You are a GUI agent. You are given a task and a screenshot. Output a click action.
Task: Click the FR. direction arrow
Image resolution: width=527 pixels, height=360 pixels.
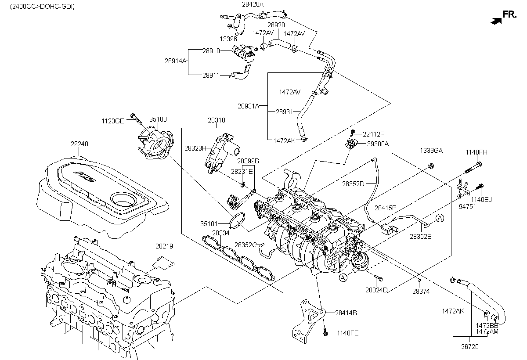[496, 21]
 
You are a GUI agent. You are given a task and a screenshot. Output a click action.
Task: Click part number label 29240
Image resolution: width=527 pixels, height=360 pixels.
[79, 144]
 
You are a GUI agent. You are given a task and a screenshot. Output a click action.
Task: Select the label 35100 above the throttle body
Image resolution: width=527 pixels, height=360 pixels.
[158, 119]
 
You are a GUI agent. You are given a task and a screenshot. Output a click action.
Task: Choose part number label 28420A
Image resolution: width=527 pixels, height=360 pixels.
[253, 4]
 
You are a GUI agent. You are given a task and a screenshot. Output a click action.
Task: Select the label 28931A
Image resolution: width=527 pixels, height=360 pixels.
[248, 106]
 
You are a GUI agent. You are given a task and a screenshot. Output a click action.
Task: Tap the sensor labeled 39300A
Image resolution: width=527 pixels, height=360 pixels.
[351, 143]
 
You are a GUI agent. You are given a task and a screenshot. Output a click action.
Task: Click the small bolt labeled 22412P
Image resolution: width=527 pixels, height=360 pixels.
[352, 133]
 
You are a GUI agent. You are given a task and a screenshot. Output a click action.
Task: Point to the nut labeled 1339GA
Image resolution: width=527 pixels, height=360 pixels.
[431, 166]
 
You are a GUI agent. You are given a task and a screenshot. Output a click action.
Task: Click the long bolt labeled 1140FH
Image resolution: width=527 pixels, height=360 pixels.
[473, 168]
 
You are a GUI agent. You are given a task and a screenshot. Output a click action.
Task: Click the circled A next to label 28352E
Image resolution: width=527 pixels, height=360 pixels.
[440, 218]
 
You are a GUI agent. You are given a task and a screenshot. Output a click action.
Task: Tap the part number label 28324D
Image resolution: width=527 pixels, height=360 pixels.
[376, 290]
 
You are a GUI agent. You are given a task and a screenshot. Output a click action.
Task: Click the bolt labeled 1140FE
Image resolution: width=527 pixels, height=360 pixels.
[325, 332]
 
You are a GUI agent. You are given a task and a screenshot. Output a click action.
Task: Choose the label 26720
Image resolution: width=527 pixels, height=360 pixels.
[470, 346]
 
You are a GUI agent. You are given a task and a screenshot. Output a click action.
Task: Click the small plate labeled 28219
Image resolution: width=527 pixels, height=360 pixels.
[163, 263]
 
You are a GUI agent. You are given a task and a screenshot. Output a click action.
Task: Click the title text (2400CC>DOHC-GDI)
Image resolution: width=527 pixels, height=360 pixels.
[42, 7]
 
